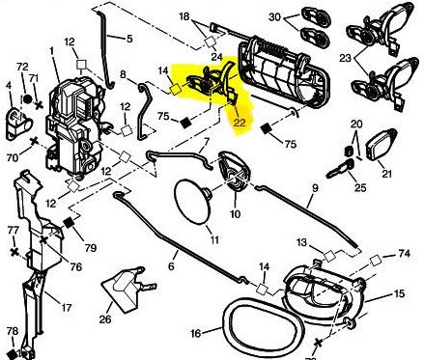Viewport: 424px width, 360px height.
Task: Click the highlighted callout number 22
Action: tap(240, 123)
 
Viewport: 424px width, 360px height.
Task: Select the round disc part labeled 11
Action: tap(192, 202)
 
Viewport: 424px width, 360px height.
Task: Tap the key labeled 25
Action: tap(339, 169)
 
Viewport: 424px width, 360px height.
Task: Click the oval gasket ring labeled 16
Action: tap(264, 325)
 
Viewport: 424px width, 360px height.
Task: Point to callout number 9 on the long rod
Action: tap(315, 188)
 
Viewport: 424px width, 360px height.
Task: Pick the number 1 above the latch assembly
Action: tap(51, 51)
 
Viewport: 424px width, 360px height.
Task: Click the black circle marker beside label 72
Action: tap(27, 98)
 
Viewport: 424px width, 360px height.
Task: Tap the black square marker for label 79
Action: tap(69, 223)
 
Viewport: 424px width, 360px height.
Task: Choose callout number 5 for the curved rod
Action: tap(129, 40)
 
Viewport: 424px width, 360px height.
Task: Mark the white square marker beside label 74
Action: tap(376, 261)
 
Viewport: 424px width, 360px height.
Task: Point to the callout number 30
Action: tap(274, 16)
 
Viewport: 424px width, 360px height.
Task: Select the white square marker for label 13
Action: tap(329, 256)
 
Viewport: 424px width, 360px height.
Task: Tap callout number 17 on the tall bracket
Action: tap(66, 308)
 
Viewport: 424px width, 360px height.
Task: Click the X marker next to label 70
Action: tap(34, 142)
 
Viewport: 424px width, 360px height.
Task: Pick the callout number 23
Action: tap(346, 58)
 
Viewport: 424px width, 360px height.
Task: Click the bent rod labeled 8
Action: tap(145, 113)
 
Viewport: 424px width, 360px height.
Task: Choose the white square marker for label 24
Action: tap(211, 42)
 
